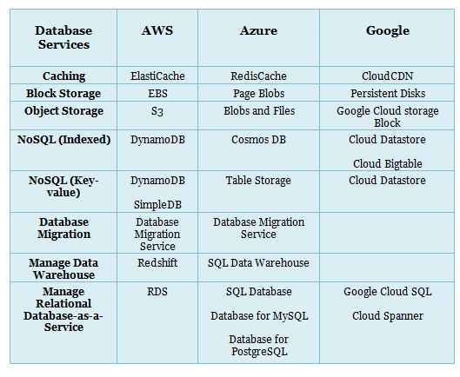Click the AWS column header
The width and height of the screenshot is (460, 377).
[x=157, y=30]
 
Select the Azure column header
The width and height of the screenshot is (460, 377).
[x=258, y=30]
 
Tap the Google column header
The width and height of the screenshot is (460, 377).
[x=388, y=31]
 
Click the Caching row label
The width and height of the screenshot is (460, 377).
[x=64, y=76]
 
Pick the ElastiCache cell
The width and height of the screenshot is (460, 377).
[x=157, y=76]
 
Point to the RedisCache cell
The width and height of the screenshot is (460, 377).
[x=258, y=76]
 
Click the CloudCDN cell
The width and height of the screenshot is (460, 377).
[x=387, y=76]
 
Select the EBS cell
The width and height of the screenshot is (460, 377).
[x=157, y=94]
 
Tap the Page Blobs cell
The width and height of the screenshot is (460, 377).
[x=259, y=94]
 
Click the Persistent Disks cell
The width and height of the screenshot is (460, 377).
[x=388, y=94]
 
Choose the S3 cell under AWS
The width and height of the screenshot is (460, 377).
[x=157, y=111]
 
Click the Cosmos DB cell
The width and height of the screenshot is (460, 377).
[x=258, y=140]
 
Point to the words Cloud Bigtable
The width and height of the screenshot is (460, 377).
[x=388, y=164]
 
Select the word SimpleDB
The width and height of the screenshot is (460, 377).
[x=157, y=205]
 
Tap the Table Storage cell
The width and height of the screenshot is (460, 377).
[x=258, y=181]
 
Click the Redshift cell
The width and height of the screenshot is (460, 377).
[x=157, y=262]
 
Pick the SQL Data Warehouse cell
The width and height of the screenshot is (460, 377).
[x=258, y=263]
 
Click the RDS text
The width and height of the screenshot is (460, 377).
[x=157, y=292]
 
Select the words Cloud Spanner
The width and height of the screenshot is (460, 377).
[x=388, y=316]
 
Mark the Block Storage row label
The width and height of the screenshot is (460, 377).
[x=63, y=94]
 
